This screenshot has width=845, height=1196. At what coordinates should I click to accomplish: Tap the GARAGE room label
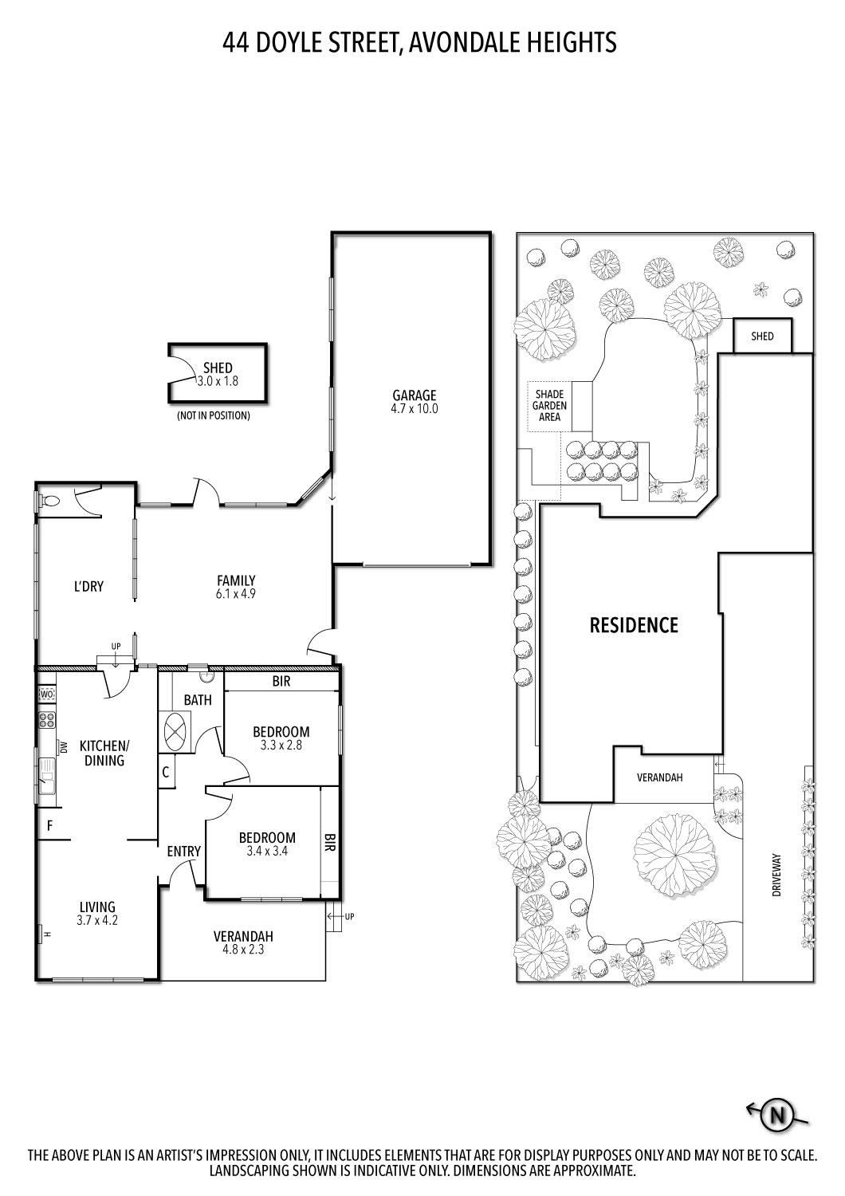point(415,395)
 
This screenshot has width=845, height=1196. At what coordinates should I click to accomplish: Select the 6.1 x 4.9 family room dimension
point(235,593)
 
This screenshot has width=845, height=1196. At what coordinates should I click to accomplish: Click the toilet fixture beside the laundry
point(49,502)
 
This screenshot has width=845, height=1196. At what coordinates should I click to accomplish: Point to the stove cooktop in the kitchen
point(47,720)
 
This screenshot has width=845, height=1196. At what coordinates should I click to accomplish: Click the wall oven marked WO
point(47,694)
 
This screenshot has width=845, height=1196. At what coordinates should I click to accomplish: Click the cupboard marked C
point(166,772)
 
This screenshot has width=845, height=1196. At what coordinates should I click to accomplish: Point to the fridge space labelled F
point(49,825)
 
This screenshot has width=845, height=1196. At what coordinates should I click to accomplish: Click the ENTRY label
point(183,851)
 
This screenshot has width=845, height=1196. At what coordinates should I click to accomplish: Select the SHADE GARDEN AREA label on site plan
point(549,406)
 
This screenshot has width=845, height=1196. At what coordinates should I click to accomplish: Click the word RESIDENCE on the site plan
point(634,625)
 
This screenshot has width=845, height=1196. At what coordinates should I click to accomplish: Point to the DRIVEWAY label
point(776,875)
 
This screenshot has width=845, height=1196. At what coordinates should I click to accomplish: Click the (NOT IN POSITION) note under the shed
point(214,415)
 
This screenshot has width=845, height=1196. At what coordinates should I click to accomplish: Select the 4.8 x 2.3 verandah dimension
point(244,950)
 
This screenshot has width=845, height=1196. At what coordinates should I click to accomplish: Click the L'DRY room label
point(88,586)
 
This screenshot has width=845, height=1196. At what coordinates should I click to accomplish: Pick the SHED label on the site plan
point(762,336)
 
